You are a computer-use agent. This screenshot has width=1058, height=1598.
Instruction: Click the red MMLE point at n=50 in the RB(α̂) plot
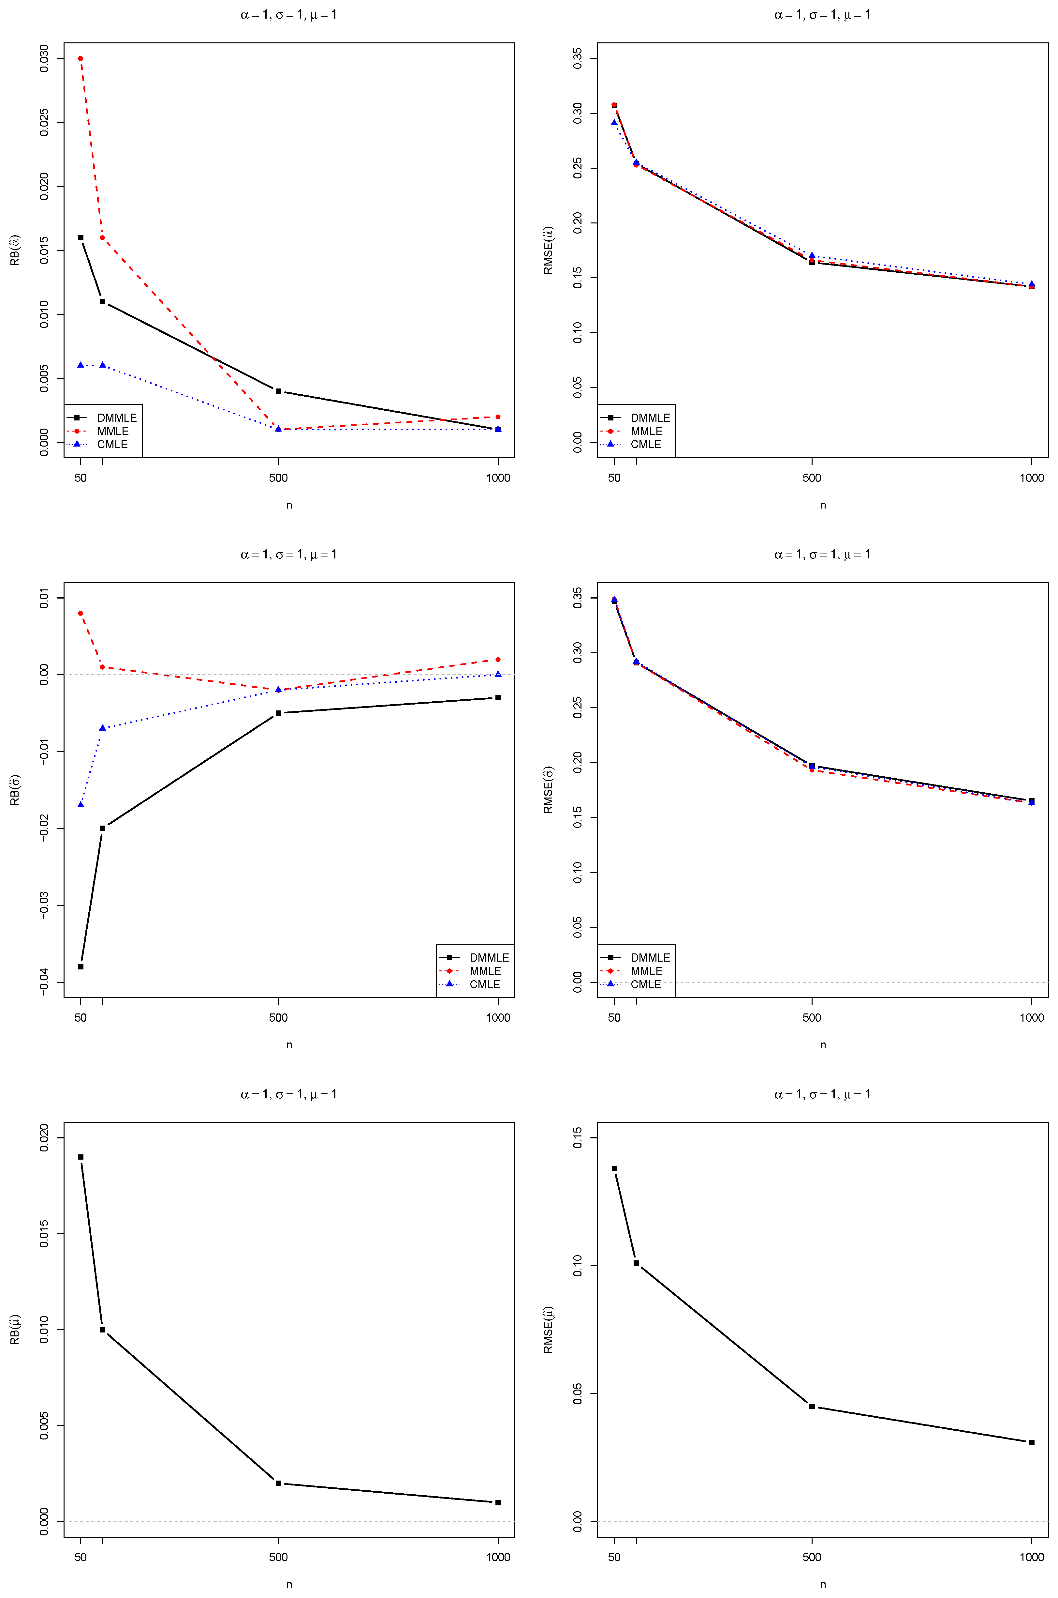point(80,58)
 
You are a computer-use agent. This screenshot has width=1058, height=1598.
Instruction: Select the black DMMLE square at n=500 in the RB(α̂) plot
point(278,391)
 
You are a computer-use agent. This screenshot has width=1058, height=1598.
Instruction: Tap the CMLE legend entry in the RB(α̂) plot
point(112,444)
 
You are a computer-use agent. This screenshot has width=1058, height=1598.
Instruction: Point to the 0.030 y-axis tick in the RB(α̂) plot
point(45,58)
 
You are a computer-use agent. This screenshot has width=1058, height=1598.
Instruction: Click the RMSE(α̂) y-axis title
point(549,251)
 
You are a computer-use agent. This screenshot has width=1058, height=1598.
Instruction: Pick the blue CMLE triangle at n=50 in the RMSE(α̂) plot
point(614,123)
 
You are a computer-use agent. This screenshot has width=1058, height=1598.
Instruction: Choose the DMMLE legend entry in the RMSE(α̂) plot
point(650,418)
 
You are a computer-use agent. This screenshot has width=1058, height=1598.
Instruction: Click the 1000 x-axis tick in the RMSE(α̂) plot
point(1031,478)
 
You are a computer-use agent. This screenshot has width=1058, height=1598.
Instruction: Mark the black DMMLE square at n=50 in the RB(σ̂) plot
point(80,967)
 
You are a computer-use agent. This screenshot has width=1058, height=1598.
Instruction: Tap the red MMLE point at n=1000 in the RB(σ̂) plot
point(498,660)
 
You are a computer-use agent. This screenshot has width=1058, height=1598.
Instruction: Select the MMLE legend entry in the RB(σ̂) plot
point(485,971)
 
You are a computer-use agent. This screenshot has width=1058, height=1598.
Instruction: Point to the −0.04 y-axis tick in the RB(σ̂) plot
point(45,982)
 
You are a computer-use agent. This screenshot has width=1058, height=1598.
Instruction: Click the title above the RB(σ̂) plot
point(289,554)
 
